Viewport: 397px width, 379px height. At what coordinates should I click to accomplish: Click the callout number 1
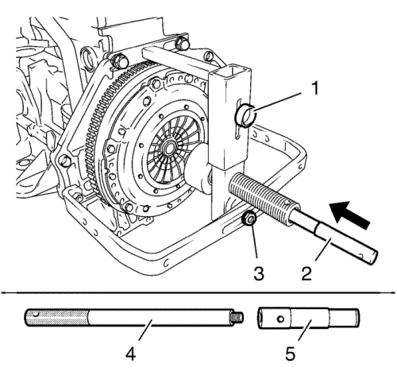[x=314, y=88]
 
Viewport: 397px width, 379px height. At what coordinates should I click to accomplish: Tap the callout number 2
[x=306, y=273]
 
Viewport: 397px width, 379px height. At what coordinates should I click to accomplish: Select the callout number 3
[x=259, y=273]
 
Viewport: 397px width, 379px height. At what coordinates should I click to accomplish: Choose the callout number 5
[x=290, y=354]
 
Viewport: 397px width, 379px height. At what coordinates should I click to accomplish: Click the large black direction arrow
[x=349, y=215]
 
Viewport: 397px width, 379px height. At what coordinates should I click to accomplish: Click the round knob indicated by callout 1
[x=245, y=115]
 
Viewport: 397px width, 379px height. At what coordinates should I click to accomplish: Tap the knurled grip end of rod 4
[x=56, y=317]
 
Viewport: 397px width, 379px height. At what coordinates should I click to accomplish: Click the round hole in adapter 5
[x=281, y=319]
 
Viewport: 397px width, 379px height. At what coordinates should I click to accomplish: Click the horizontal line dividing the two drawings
[x=198, y=292]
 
